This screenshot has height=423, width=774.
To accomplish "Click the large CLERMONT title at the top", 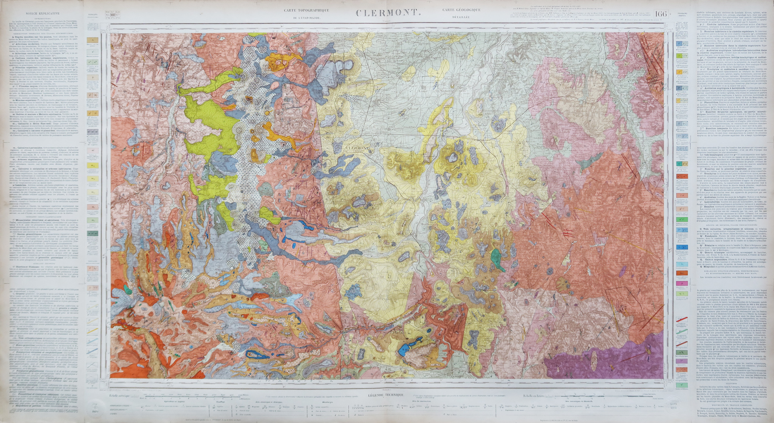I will [x=387, y=13].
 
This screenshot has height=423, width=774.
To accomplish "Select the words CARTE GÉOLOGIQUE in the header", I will [x=460, y=10].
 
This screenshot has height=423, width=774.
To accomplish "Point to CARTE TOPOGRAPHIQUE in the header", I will [x=307, y=10].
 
